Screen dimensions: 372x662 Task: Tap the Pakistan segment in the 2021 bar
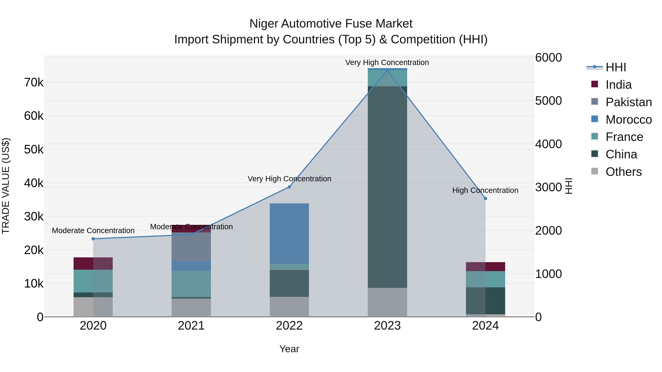(x=191, y=247)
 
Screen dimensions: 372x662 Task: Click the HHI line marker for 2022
(x=289, y=187)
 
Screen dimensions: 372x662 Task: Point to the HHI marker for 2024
(x=485, y=198)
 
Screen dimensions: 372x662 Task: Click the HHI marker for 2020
(x=93, y=239)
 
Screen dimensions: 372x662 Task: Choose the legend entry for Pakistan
(x=628, y=102)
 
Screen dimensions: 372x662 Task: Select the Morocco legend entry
(x=628, y=120)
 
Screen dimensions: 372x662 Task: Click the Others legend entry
(x=623, y=172)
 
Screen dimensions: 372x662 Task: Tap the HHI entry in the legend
(x=615, y=67)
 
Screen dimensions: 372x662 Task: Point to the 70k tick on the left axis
(x=34, y=83)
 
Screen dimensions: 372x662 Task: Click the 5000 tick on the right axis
(x=548, y=101)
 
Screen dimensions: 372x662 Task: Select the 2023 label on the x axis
(x=387, y=326)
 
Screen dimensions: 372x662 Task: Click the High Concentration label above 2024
(x=485, y=191)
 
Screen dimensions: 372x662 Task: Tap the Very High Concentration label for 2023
(x=387, y=63)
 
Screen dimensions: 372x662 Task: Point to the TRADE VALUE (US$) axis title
(x=6, y=186)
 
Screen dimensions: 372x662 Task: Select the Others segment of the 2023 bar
(x=387, y=302)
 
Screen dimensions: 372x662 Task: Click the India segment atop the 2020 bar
(x=93, y=263)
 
